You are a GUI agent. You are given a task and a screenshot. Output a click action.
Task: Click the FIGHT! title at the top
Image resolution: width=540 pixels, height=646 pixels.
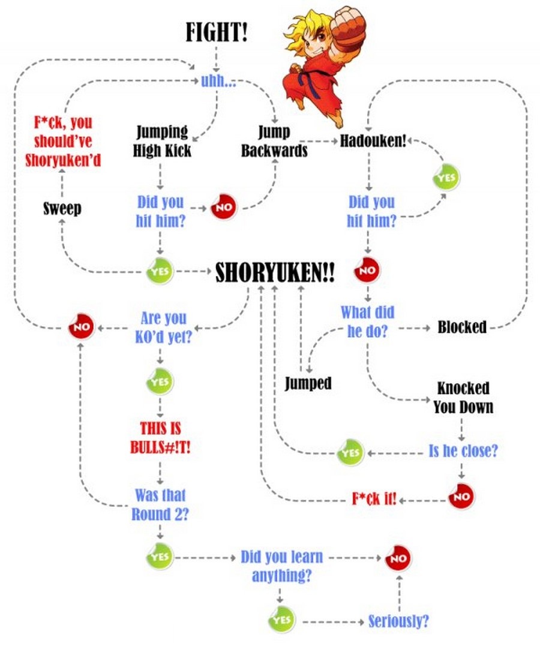[x=216, y=32]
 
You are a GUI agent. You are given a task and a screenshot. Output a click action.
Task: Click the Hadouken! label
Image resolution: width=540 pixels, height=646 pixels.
[x=373, y=141]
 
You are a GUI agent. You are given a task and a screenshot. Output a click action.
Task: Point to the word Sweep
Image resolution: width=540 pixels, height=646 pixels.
[x=62, y=209]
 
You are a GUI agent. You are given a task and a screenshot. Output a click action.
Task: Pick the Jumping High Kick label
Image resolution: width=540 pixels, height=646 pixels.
[x=161, y=141]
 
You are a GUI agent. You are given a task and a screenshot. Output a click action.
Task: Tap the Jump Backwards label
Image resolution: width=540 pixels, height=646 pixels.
[x=274, y=141]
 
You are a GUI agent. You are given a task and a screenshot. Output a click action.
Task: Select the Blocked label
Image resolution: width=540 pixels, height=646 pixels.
[x=461, y=327]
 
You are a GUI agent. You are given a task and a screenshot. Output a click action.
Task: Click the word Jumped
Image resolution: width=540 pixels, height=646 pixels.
[x=308, y=382]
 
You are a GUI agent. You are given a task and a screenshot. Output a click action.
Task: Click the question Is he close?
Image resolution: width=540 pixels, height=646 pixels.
[x=463, y=451]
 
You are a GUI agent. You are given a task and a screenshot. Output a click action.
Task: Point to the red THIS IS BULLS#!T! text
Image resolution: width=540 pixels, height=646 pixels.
[x=160, y=438]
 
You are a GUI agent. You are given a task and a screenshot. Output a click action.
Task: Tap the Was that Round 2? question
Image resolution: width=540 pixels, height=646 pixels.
[x=160, y=505]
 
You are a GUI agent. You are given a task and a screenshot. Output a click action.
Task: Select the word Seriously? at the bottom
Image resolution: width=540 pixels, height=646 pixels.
[x=398, y=621]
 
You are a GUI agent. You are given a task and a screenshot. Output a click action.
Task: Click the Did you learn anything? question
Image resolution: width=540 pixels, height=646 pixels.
[x=281, y=566]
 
